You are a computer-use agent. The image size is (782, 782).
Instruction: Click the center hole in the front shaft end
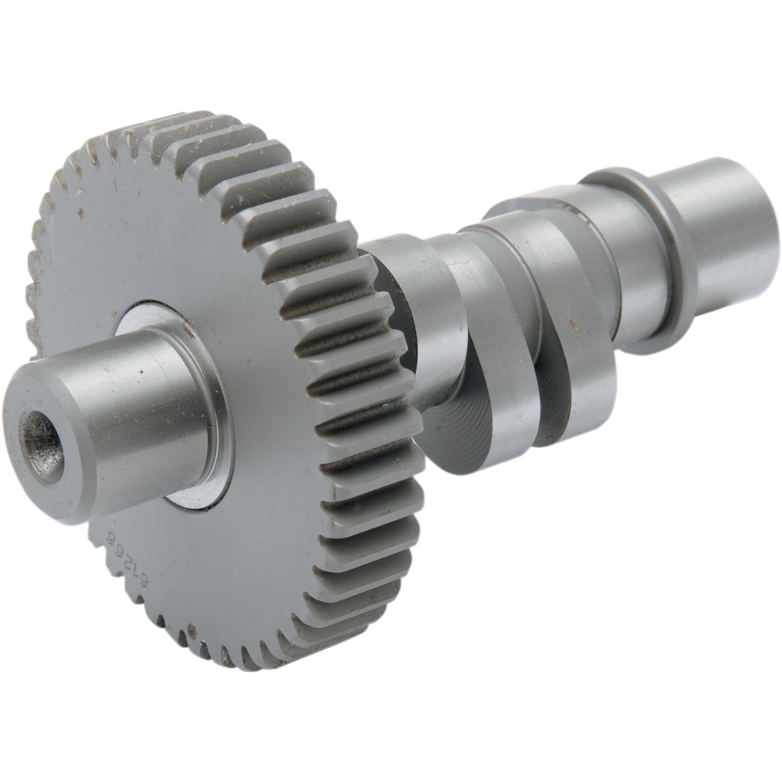[43, 446]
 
